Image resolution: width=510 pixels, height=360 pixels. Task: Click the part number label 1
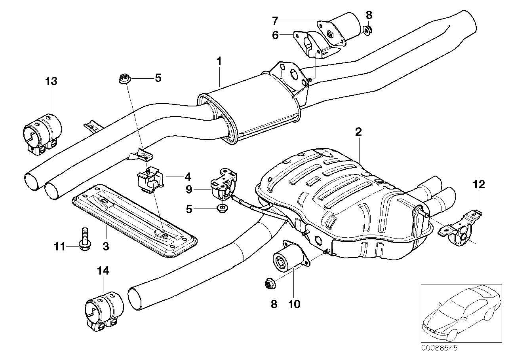click(x=219, y=61)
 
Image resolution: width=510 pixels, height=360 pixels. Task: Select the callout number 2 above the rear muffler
click(x=358, y=133)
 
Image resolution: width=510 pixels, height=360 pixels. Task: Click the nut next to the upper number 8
click(x=367, y=29)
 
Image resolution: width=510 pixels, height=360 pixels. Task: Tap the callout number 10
click(x=294, y=304)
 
